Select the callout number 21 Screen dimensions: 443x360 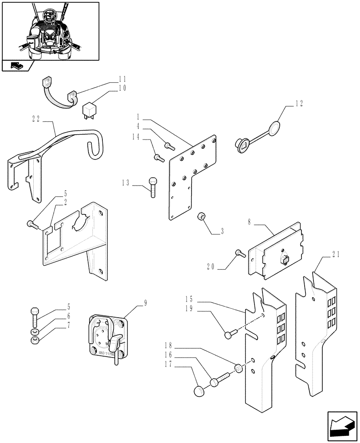pyautogui.click(x=336, y=254)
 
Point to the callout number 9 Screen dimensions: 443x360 pyautogui.click(x=145, y=303)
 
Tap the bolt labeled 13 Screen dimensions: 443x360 pyautogui.click(x=152, y=187)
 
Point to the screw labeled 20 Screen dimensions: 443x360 pyautogui.click(x=240, y=254)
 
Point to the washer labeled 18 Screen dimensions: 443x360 pyautogui.click(x=239, y=368)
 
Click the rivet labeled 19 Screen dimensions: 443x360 pyautogui.click(x=228, y=335)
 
